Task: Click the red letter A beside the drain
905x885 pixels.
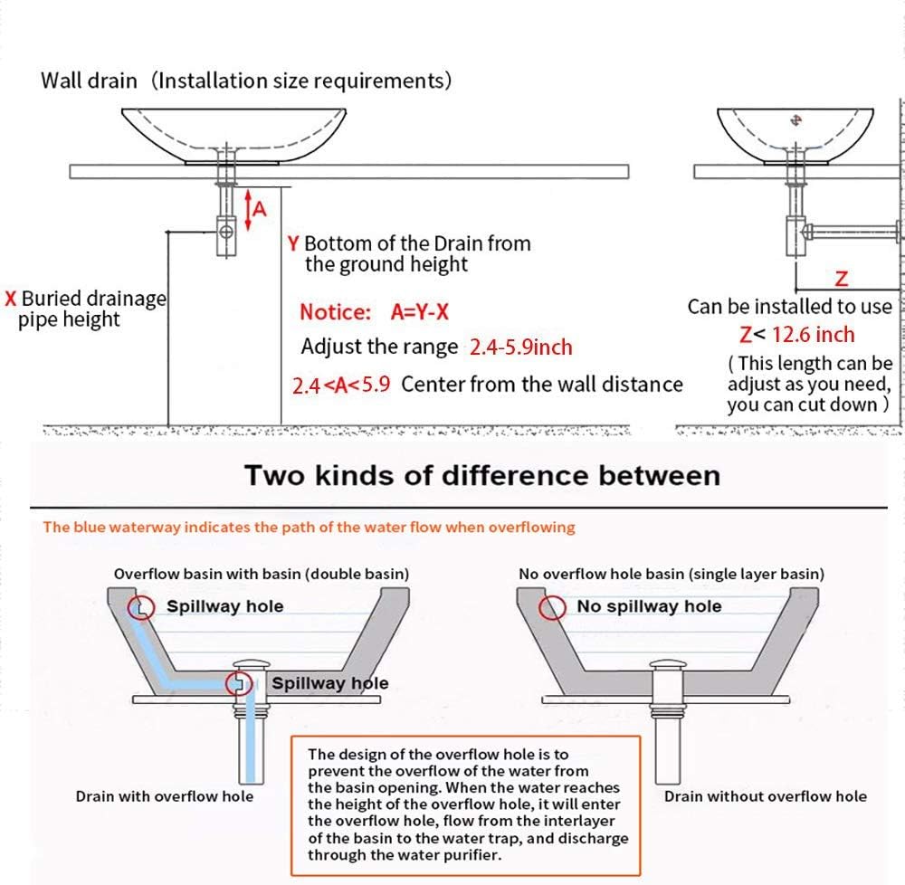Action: point(260,209)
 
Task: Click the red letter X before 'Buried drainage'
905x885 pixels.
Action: point(11,299)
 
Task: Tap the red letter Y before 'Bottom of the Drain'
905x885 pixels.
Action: point(292,243)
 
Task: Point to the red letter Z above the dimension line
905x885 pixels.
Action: point(841,278)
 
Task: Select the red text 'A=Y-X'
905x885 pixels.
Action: point(420,312)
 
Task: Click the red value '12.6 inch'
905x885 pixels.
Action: point(813,335)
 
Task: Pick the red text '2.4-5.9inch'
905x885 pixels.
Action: point(521,347)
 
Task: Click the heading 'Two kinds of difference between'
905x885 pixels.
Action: point(482,475)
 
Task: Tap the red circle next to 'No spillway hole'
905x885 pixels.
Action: point(553,607)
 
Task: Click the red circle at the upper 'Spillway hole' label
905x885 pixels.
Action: point(140,606)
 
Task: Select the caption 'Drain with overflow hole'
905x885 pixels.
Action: point(164,796)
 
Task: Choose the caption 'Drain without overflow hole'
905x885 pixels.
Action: point(765,796)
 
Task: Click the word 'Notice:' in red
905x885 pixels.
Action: point(335,312)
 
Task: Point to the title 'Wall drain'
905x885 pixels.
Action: point(89,81)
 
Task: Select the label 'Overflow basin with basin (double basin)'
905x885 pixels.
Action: point(261,574)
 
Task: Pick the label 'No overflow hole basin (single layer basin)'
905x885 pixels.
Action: point(671,574)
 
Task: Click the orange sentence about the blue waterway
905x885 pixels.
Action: point(309,527)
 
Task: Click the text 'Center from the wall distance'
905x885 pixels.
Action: point(542,385)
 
